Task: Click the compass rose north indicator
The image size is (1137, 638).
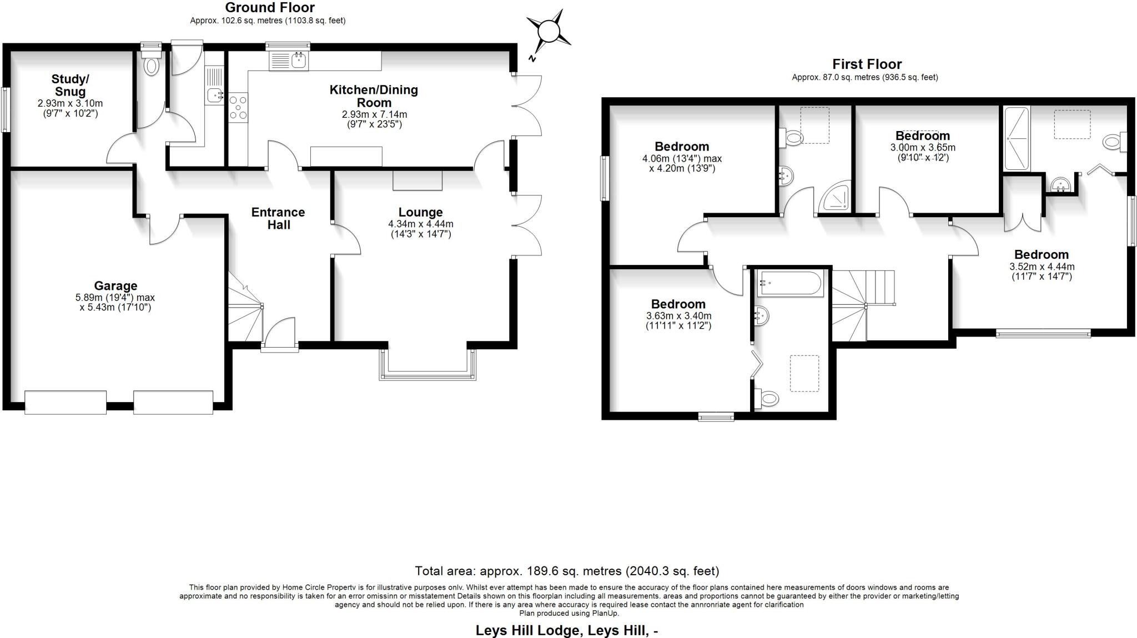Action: (x=549, y=32)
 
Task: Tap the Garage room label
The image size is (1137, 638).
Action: (x=115, y=286)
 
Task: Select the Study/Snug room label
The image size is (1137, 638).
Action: (x=70, y=86)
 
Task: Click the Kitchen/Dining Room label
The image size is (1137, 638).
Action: (x=374, y=96)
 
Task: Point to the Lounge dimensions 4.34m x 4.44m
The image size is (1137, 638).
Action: (x=420, y=224)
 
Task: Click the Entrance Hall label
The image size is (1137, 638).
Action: (x=278, y=218)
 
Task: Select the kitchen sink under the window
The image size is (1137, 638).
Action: (x=289, y=60)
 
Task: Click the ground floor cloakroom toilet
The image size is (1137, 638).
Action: (x=151, y=66)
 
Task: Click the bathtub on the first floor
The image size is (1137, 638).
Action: (x=791, y=283)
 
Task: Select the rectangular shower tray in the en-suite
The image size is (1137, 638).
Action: (x=1017, y=139)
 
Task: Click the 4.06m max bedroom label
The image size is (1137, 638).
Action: (x=682, y=147)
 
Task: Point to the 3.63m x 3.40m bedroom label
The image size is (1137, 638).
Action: (x=678, y=304)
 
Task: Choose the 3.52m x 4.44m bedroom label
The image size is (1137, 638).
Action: (x=1041, y=255)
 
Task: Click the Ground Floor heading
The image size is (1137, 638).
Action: (x=270, y=8)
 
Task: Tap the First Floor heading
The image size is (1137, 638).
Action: (x=867, y=64)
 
